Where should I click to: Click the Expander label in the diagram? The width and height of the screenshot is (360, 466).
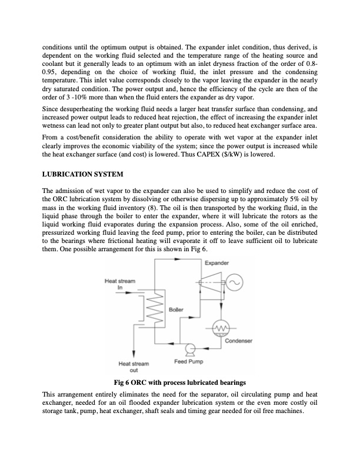click(216, 264)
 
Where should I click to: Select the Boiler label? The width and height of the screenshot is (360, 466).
click(176, 309)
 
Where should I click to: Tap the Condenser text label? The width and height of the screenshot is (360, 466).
click(238, 341)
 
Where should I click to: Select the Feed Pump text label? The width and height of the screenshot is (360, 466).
click(187, 361)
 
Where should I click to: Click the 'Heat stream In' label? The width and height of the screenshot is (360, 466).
click(119, 284)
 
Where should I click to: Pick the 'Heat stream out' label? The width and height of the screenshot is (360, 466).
click(134, 367)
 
